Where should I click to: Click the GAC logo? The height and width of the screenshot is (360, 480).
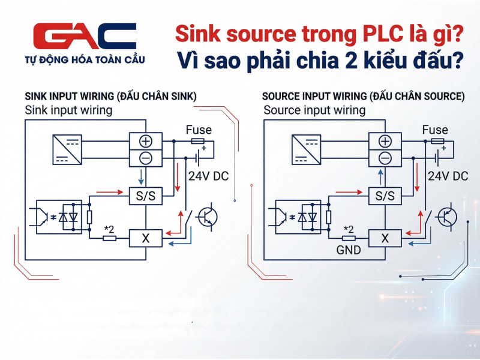pos(85,37)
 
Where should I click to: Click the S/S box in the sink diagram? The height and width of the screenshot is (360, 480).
pos(146,196)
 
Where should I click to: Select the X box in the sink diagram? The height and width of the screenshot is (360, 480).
pos(146,238)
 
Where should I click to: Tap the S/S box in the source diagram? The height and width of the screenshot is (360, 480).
pos(385,196)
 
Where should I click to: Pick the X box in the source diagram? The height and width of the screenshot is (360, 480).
pos(385,238)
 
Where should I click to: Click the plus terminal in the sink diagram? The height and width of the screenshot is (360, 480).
pos(146,142)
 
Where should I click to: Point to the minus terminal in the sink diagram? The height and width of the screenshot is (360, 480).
pos(146,158)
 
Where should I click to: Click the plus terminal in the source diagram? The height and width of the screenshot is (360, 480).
pos(385,142)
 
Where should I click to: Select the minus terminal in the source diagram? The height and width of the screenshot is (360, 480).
pos(385,158)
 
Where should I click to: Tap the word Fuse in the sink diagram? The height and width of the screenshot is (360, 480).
pos(198,130)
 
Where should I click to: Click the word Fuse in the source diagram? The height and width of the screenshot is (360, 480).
pos(435,130)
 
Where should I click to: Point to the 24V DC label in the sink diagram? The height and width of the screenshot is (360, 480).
pos(208,176)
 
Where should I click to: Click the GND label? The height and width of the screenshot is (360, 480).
pos(348,250)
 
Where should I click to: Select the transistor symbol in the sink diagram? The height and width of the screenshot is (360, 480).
pos(208,217)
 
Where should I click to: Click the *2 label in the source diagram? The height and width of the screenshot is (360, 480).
pos(348,229)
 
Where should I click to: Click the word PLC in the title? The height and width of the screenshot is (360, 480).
pos(379,33)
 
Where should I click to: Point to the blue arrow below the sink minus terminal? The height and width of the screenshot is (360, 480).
pos(140,176)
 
